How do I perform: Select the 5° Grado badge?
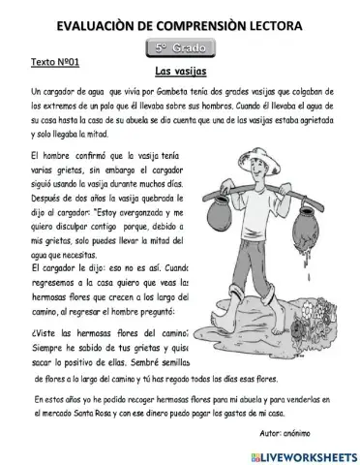coord(180,47)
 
